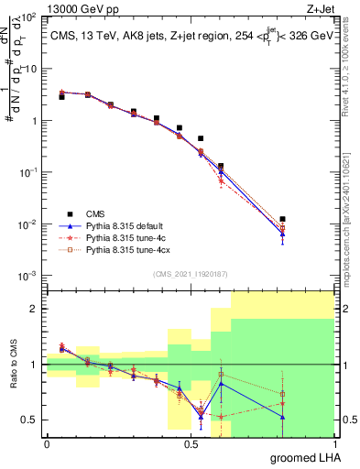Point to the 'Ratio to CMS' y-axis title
point(14,365)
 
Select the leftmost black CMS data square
point(61,96)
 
